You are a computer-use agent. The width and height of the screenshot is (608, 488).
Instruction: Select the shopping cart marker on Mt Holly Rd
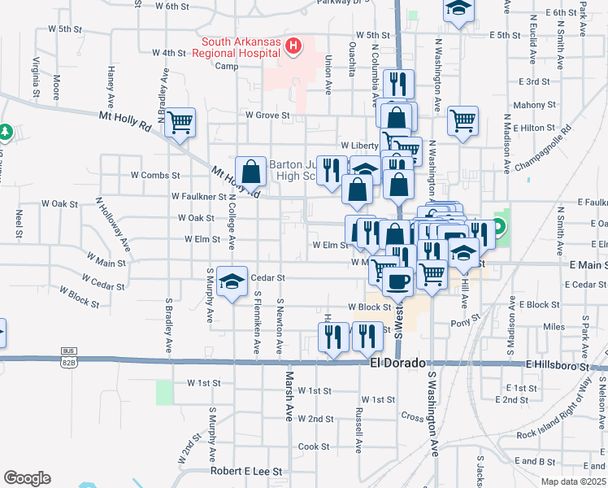point(180,123)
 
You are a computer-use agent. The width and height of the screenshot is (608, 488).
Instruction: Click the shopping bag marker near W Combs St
point(251,171)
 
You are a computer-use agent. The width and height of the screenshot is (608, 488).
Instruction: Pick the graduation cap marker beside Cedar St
point(232,282)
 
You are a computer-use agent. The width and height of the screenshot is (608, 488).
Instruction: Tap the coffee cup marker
point(397,281)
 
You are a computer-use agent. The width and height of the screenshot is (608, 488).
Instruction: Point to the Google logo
point(27,478)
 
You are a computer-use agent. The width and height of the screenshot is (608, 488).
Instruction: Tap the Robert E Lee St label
point(245,471)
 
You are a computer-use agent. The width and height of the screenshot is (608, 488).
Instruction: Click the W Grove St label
point(268,115)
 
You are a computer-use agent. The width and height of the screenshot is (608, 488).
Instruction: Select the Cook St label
point(313,447)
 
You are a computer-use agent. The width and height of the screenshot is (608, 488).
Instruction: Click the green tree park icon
point(5,131)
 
